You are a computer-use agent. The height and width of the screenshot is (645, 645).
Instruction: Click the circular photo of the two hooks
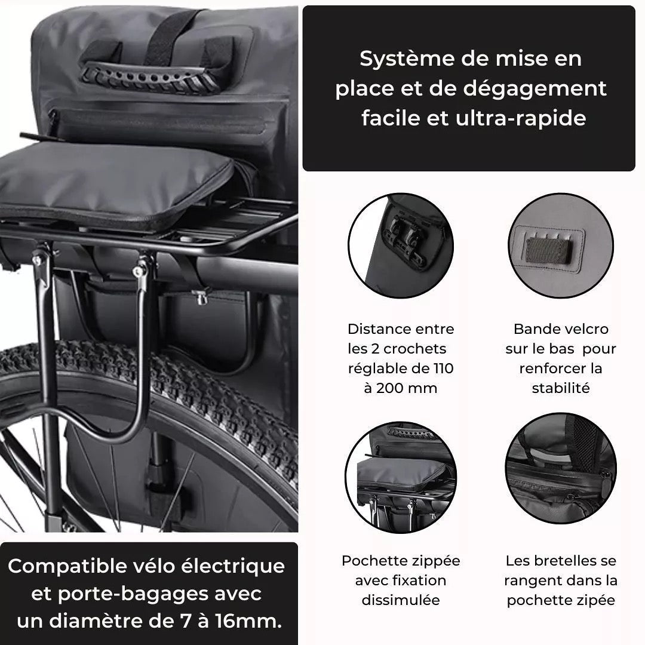[x=401, y=245]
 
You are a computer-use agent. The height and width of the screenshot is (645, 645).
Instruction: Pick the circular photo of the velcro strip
[x=561, y=245]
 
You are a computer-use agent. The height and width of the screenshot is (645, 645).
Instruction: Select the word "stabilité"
[x=561, y=388]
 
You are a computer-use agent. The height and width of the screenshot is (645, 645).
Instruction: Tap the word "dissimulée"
[x=401, y=600]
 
